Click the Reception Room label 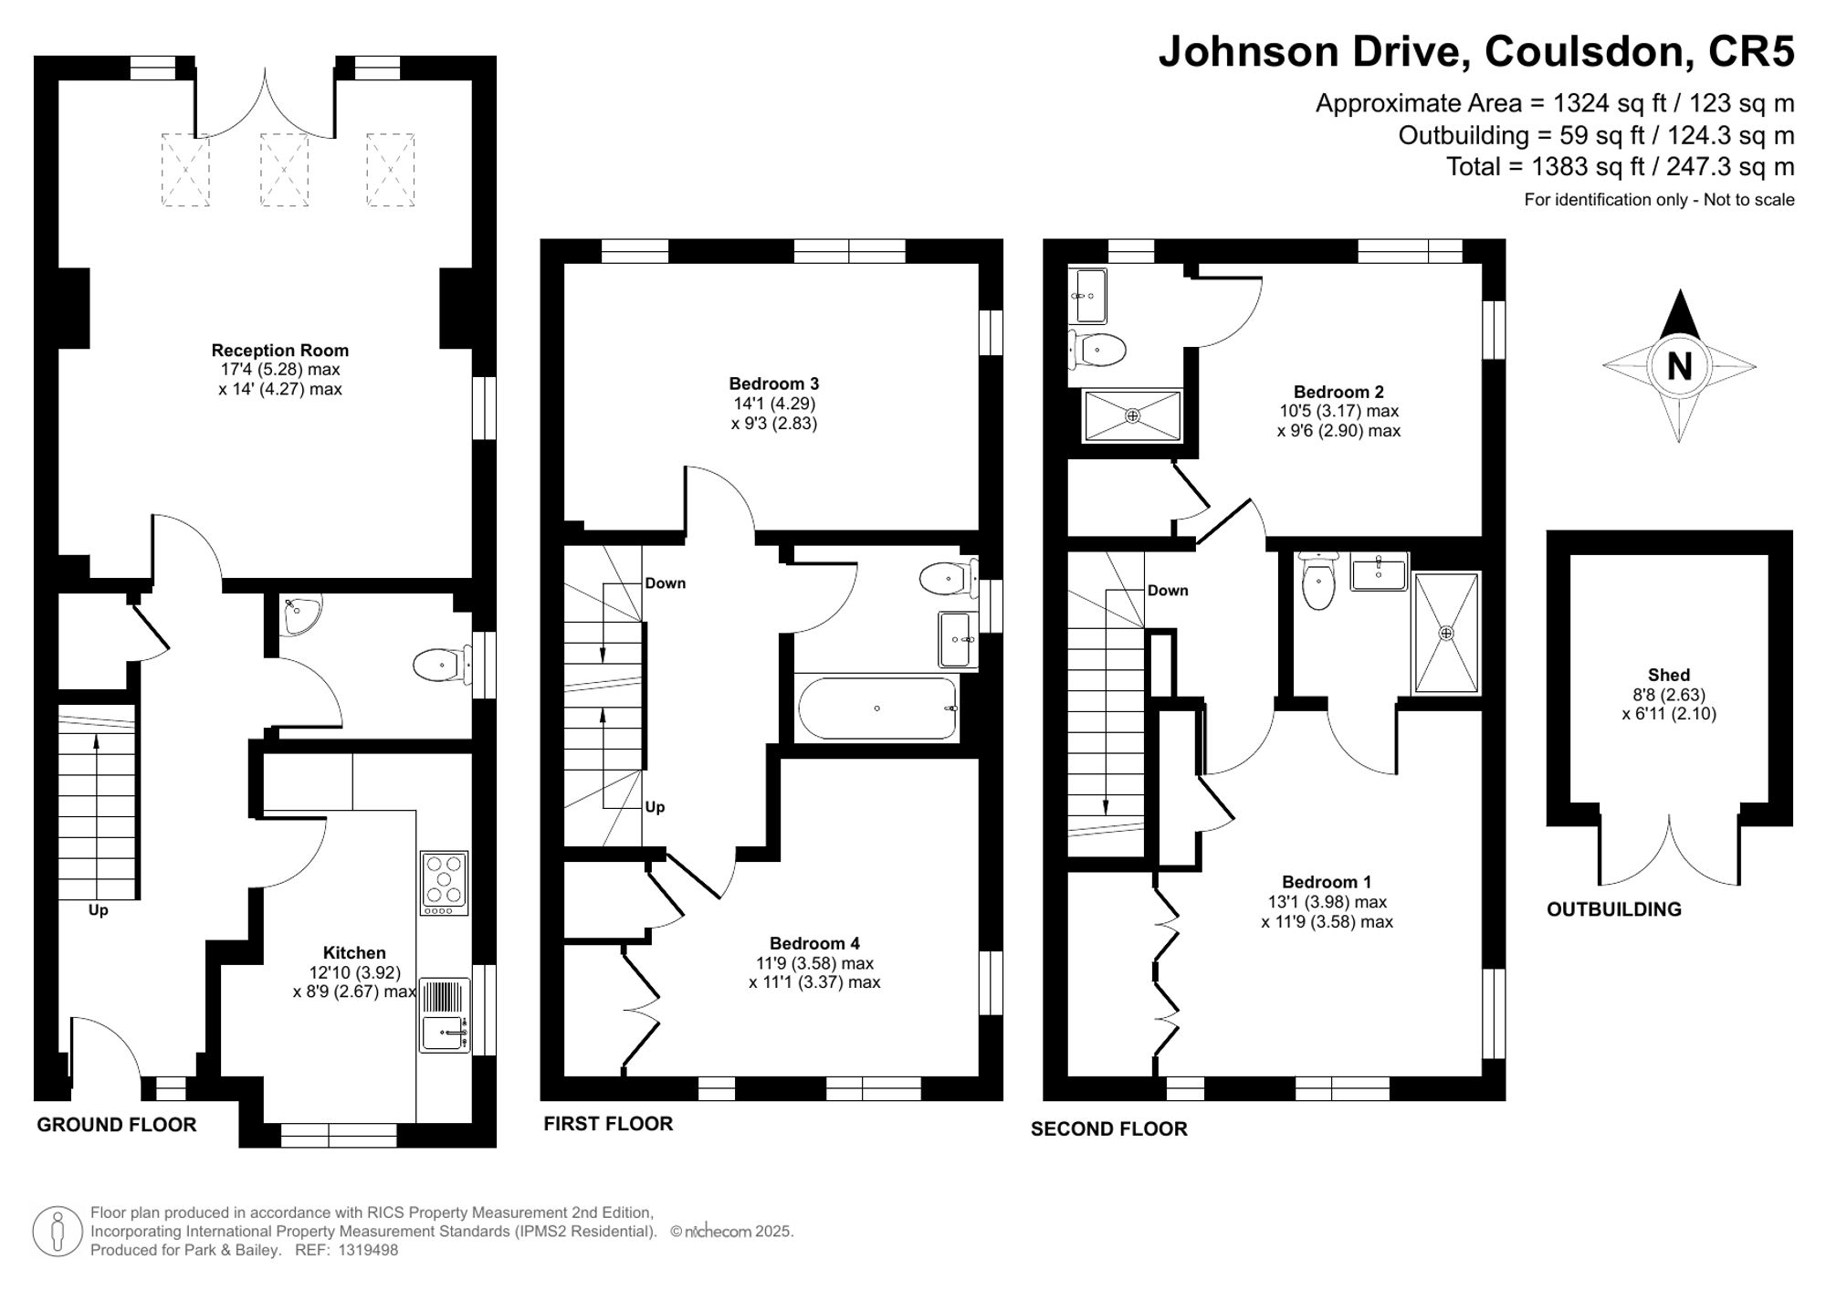click(280, 351)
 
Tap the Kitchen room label click(354, 953)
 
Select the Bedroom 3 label click(774, 384)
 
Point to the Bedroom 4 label click(814, 944)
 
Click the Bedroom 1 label click(1327, 882)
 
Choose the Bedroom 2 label click(1338, 393)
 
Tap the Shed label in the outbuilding click(1669, 676)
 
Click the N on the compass click(1679, 366)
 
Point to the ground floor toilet click(442, 665)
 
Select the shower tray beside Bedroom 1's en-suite click(1446, 632)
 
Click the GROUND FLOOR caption click(117, 1125)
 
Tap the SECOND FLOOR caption click(1109, 1129)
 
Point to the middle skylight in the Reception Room click(284, 170)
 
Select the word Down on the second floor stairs click(1168, 591)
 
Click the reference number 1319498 click(369, 1251)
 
